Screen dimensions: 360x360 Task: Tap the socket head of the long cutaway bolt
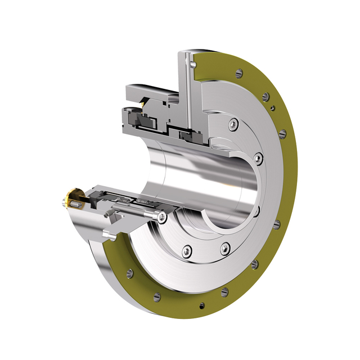pyautogui.click(x=162, y=217)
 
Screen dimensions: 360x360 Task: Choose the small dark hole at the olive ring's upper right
pyautogui.click(x=272, y=107)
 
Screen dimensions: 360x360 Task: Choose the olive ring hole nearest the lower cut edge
pyautogui.click(x=130, y=273)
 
